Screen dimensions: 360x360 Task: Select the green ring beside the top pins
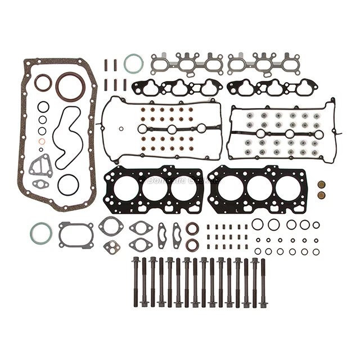coord(133,64)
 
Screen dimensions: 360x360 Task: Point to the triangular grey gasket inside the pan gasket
coord(40,166)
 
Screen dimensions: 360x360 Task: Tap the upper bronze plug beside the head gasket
coord(321,184)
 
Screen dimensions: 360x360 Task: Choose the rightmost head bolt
coord(263,281)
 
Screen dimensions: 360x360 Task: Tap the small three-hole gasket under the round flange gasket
coord(111,246)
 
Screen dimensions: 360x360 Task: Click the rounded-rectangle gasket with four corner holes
coord(76,235)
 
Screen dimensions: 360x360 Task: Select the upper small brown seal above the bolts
coord(192,228)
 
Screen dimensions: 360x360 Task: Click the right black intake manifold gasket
coord(272,87)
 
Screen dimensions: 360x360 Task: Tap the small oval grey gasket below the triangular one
coord(40,183)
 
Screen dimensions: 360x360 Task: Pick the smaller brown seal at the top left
coord(43,82)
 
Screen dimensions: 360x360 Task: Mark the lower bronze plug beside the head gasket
coord(321,195)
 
